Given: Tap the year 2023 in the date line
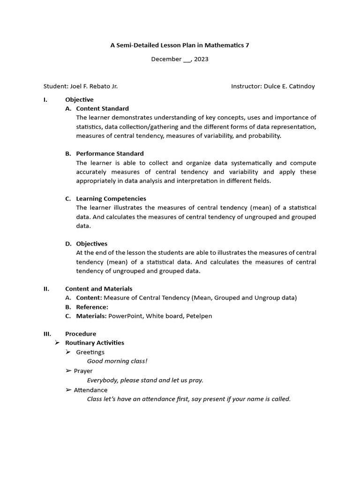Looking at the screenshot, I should (x=201, y=59).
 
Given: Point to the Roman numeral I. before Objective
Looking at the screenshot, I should (x=45, y=99).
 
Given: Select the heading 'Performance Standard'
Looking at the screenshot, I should (x=110, y=153).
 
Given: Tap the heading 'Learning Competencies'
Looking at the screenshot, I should (x=111, y=198).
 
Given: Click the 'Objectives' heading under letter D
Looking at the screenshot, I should (x=91, y=243).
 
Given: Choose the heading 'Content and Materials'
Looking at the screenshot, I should (x=98, y=289).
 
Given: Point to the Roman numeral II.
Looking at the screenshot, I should (x=46, y=289).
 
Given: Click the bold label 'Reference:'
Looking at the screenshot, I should (x=92, y=307).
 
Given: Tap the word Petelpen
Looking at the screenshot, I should (x=199, y=316).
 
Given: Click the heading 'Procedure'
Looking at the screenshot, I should (x=81, y=334).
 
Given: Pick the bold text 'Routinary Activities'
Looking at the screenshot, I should (x=94, y=343).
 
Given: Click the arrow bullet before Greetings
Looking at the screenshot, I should (x=68, y=352).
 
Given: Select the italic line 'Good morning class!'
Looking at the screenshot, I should (x=117, y=361).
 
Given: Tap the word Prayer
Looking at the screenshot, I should (x=83, y=371).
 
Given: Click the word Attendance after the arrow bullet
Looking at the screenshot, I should (x=90, y=390).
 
